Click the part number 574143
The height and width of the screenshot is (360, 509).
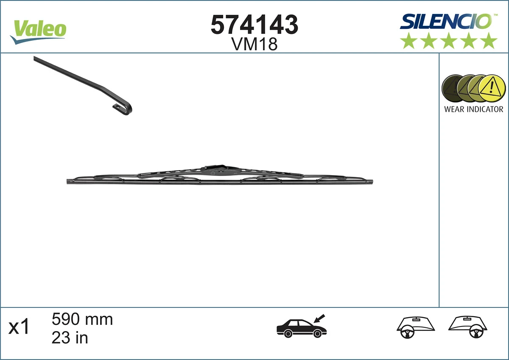255,25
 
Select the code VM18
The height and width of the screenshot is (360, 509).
255,44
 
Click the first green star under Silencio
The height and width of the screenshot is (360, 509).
409,41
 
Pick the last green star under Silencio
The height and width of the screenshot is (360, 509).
489,41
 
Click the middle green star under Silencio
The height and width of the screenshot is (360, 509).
449,41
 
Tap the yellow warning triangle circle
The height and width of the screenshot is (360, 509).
492,88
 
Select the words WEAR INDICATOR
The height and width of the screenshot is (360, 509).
473,109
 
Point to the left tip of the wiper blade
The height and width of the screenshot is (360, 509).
69,181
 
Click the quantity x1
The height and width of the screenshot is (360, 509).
20,327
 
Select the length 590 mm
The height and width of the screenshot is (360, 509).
82,319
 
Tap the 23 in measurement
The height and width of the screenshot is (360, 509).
70,338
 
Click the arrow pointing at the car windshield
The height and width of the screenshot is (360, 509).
319,318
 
